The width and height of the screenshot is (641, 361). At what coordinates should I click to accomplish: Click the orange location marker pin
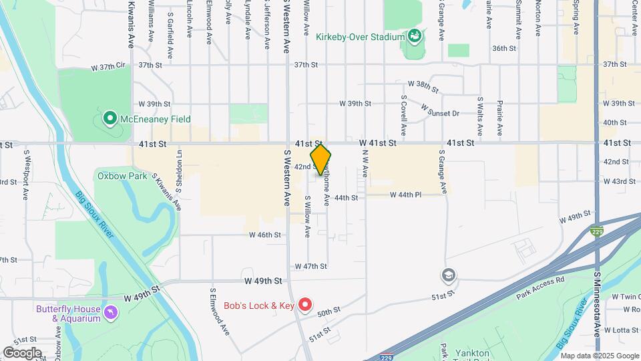320,159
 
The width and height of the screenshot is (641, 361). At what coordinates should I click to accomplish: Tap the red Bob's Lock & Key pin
305,306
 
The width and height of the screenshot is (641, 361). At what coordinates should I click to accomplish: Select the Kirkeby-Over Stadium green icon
413,36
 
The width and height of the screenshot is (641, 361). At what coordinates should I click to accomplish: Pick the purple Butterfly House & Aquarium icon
111,312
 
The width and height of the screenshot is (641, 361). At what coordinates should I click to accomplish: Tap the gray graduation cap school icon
448,275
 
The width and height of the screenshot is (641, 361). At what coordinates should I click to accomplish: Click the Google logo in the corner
22,352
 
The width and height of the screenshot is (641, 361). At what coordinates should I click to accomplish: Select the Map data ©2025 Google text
599,355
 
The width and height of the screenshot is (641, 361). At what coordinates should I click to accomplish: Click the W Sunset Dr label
440,110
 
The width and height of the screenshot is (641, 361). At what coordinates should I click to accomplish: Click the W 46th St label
264,235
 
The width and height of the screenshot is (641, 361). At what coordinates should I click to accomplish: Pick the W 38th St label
423,86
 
